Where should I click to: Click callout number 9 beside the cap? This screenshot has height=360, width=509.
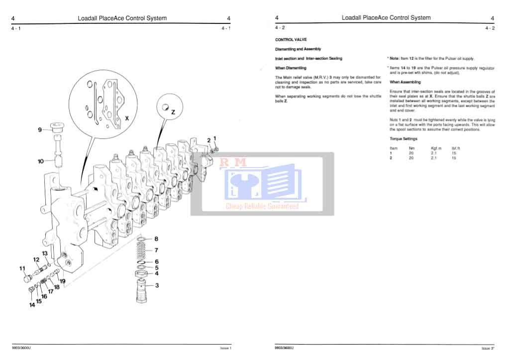pyautogui.click(x=40, y=130)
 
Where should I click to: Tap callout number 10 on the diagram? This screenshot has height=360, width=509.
pyautogui.click(x=41, y=161)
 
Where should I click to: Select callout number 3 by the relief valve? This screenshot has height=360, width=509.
pyautogui.click(x=157, y=285)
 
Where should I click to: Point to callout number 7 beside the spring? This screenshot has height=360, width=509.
pyautogui.click(x=156, y=250)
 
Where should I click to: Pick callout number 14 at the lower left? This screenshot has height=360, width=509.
pyautogui.click(x=32, y=305)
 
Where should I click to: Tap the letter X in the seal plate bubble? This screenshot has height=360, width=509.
pyautogui.click(x=127, y=119)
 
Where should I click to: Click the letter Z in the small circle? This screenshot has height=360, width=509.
pyautogui.click(x=173, y=112)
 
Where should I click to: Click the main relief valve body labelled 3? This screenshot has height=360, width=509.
pyautogui.click(x=141, y=291)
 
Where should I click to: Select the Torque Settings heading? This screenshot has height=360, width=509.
pyautogui.click(x=404, y=139)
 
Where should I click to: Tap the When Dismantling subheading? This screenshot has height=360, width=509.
pyautogui.click(x=291, y=68)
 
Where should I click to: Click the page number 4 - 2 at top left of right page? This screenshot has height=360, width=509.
pyautogui.click(x=280, y=28)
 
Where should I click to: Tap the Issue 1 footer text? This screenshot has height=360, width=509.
pyautogui.click(x=226, y=348)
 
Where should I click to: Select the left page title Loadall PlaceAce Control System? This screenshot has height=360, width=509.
pyautogui.click(x=122, y=18)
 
